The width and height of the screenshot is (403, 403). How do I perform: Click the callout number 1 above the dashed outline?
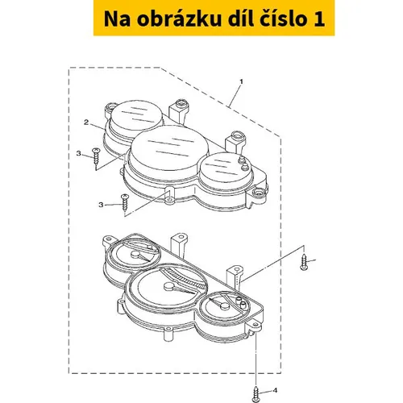(241, 81)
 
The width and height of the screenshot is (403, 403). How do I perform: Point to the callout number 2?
(86, 123)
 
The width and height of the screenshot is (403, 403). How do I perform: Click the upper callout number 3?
(78, 153)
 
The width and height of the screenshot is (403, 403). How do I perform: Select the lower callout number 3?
(101, 205)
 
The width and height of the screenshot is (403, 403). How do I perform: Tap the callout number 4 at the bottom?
(275, 390)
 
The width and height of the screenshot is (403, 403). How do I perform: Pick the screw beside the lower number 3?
(125, 202)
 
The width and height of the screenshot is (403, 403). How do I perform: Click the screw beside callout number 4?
(256, 394)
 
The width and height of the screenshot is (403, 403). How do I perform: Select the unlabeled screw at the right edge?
(304, 262)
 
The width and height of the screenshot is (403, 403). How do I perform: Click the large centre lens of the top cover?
(169, 148)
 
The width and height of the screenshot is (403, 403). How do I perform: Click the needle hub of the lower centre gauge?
(169, 286)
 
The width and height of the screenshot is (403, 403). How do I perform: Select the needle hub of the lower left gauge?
(135, 254)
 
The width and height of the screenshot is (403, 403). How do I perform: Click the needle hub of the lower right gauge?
(223, 305)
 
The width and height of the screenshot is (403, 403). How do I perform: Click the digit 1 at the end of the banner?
(319, 19)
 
